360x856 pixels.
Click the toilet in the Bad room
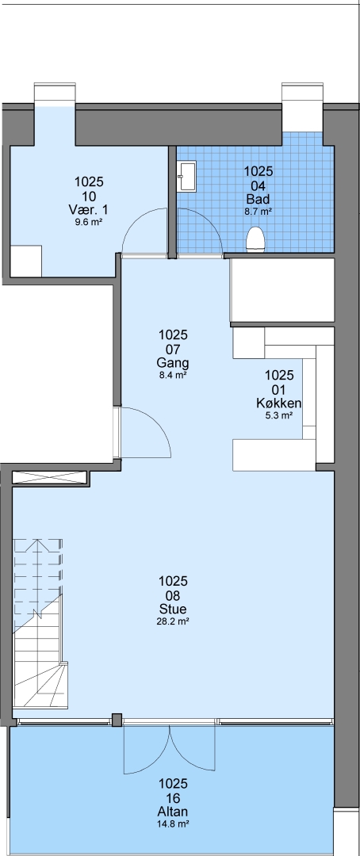point(255,240)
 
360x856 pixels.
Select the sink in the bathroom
point(187,176)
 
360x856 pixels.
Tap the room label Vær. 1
point(89,209)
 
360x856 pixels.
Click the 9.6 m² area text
point(89,222)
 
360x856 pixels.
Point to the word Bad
point(259,198)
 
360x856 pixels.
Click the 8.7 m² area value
point(259,211)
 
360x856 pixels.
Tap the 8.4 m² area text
point(173,375)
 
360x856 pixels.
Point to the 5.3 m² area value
point(279,415)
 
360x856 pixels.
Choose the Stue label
point(173,609)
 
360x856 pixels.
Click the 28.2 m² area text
point(173,621)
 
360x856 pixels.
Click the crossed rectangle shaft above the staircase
point(51,477)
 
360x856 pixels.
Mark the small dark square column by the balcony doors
point(117,720)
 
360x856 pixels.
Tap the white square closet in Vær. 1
point(26,261)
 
